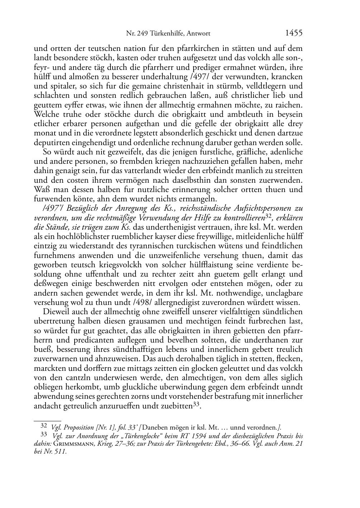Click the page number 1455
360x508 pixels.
click(x=294, y=33)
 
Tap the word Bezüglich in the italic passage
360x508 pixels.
click(x=81, y=209)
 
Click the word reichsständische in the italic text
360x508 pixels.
click(x=203, y=209)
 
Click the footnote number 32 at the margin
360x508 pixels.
click(x=44, y=426)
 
